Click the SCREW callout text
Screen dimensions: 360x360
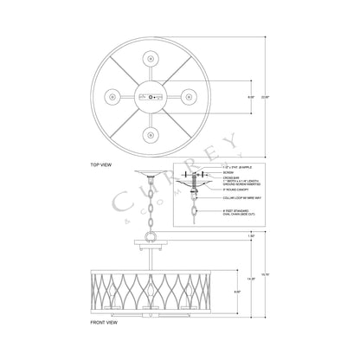229,171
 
